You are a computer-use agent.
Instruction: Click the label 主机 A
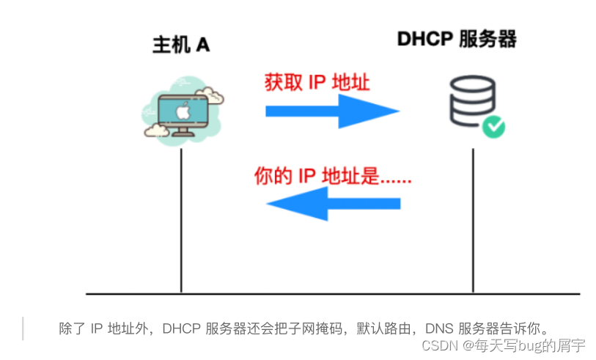tap(180, 45)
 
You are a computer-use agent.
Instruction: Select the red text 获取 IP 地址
tap(317, 81)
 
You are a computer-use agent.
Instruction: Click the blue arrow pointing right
tap(331, 111)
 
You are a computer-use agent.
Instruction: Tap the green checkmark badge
tap(493, 127)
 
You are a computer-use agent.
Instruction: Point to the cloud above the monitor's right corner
tap(212, 95)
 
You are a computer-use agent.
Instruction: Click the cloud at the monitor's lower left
tap(155, 131)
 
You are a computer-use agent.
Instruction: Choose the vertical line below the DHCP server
tap(473, 220)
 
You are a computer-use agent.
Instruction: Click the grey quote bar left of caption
tap(23, 328)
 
